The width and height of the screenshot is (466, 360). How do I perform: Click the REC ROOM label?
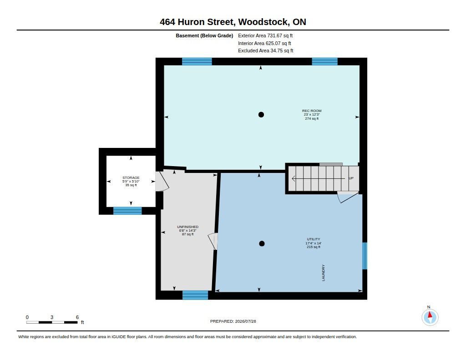click(312, 111)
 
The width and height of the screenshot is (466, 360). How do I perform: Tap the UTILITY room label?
click(314, 239)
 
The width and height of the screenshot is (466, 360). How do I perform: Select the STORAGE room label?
click(131, 177)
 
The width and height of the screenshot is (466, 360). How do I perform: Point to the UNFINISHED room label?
click(187, 227)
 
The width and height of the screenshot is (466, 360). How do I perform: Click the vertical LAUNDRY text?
click(324, 273)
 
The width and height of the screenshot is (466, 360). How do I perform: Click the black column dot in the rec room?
click(261, 114)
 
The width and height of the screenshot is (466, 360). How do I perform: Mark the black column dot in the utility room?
click(262, 243)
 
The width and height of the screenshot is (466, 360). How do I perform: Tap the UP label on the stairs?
click(351, 178)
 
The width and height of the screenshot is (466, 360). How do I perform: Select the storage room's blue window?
click(127, 210)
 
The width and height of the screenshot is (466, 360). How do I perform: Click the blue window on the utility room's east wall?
click(365, 256)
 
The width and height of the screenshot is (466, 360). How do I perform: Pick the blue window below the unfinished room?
click(195, 295)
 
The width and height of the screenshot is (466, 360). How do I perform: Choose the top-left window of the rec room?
click(197, 61)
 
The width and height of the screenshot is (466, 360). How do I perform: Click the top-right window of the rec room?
click(324, 61)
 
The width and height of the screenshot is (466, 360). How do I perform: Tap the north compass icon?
click(430, 317)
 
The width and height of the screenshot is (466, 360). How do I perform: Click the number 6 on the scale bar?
click(77, 317)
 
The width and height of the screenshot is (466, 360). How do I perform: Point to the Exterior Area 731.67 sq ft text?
click(265, 35)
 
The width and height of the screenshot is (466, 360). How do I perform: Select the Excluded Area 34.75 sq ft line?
click(265, 51)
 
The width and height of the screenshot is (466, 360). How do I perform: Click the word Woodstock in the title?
click(263, 22)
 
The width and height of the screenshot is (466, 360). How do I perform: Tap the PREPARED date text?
click(233, 321)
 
